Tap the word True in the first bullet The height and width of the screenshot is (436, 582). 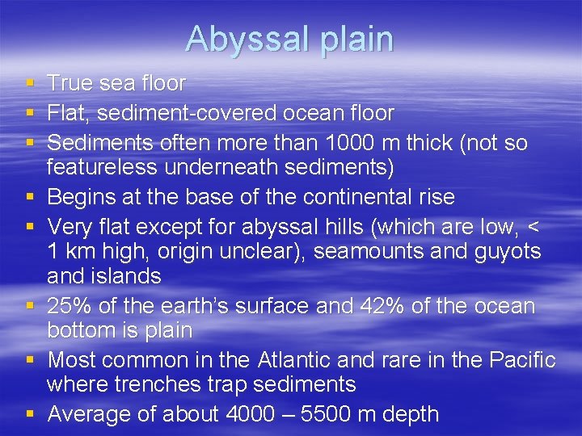coord(70,83)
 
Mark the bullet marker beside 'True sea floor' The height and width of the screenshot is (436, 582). coord(30,84)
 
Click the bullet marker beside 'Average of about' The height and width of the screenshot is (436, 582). coord(30,415)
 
